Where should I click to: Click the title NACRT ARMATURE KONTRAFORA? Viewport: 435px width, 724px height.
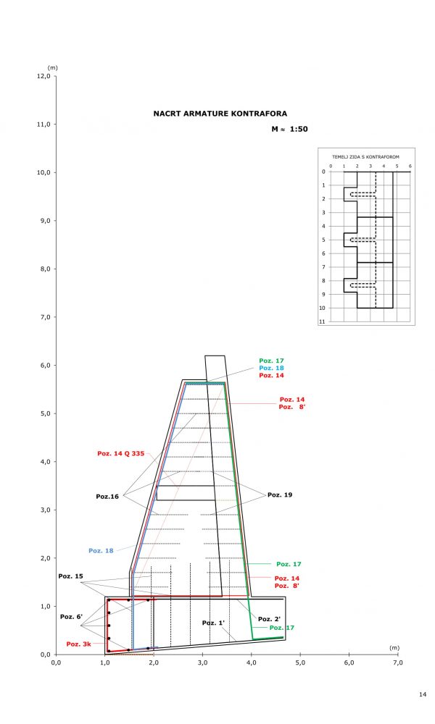pos(220,114)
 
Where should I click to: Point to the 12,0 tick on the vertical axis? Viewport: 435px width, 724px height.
pos(44,76)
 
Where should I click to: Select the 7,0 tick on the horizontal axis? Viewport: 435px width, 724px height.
pos(397,661)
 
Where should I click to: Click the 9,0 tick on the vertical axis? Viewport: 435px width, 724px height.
pos(44,221)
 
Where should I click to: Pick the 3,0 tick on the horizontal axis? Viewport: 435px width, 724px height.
pos(202,661)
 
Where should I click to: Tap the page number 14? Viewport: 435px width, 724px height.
pos(423,695)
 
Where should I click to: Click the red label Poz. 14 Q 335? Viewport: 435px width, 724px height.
pos(121,454)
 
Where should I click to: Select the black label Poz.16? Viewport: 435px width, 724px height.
pos(107,497)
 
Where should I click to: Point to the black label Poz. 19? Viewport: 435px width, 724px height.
pos(280,494)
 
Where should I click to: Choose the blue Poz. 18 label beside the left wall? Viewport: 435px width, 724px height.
pos(101,550)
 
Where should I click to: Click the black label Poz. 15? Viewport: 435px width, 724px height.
pos(71,576)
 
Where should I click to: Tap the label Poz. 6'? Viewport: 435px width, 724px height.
pos(70,616)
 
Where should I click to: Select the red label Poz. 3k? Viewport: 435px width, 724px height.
pos(78,644)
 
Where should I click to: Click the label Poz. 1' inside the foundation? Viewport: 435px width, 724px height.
pos(213,623)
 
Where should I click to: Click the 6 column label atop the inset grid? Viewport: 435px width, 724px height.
pos(410,166)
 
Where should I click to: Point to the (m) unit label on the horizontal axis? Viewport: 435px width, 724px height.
pos(394,647)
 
